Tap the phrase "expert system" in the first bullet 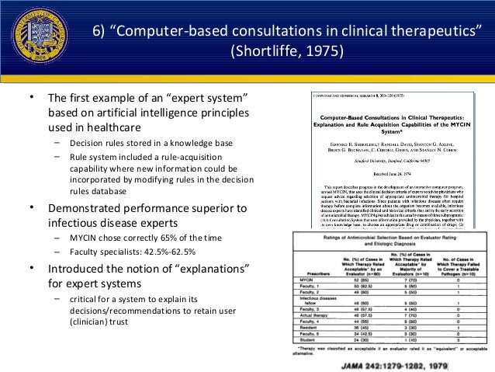[x=206, y=100]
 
